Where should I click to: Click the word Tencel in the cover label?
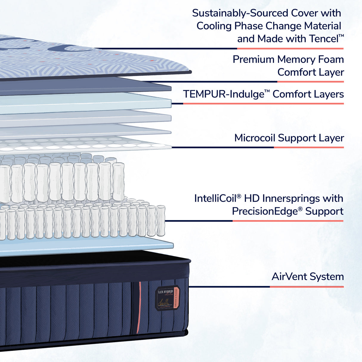[x=324, y=39]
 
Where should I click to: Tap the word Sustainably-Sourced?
[x=240, y=13]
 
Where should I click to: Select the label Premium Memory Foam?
[x=288, y=59]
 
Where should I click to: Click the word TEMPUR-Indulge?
[x=223, y=94]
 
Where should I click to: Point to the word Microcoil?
[x=255, y=138]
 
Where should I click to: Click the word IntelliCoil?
[x=215, y=199]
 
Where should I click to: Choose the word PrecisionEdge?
[x=265, y=211]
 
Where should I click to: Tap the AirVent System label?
[x=307, y=277]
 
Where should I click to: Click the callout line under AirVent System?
[x=265, y=287]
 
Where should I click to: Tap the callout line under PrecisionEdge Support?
[x=253, y=221]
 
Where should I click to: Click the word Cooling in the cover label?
[x=214, y=26]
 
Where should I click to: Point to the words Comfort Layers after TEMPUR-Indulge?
[x=308, y=94]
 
